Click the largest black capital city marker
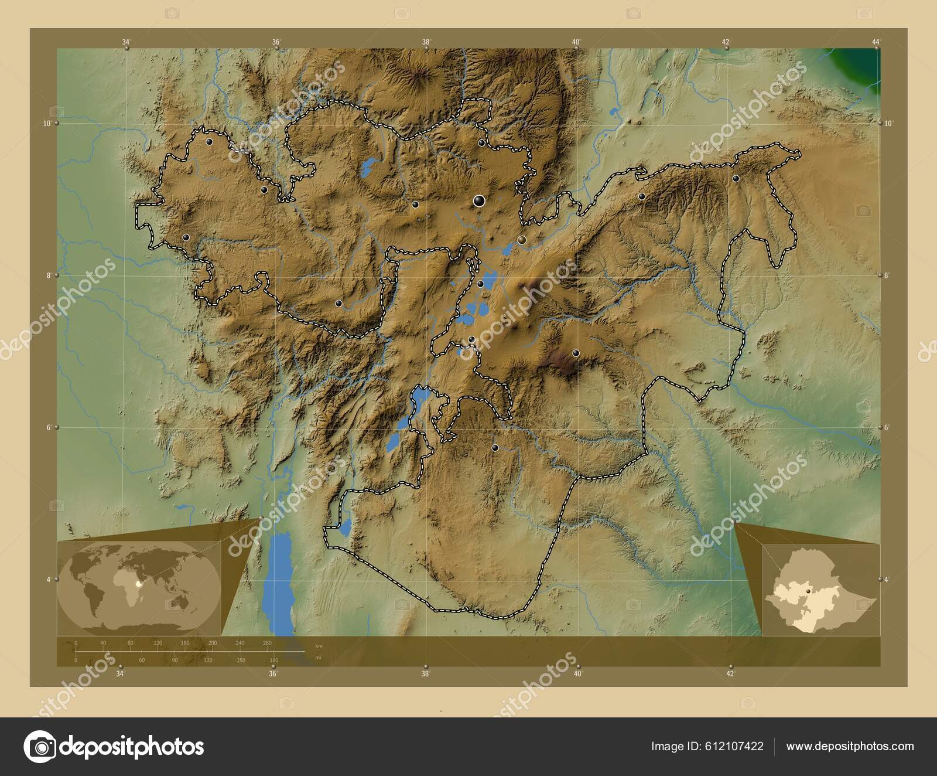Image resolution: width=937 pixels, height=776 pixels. pos(480,202)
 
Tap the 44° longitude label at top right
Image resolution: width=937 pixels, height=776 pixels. pos(876,42)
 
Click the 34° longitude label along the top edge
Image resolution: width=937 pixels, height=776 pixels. pos(126,42)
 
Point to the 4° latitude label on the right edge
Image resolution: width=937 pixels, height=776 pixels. pos(887,579)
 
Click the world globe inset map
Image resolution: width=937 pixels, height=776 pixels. pos(139,586)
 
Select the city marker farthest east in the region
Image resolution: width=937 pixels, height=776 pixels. pos(736,178)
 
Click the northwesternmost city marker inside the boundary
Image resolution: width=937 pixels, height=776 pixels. pos(209,141)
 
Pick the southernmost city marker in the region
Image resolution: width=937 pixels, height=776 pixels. pos(495,448)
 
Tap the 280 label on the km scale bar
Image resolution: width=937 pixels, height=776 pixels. pos(267,643)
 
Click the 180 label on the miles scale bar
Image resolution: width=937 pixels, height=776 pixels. pos(273,661)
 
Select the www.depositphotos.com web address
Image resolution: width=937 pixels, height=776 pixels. pos(850,746)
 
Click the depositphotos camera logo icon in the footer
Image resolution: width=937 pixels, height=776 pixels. pos(40,747)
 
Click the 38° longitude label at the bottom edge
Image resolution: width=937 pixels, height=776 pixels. pos(426,674)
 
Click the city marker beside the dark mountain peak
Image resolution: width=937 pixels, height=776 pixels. pos(576,353)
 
